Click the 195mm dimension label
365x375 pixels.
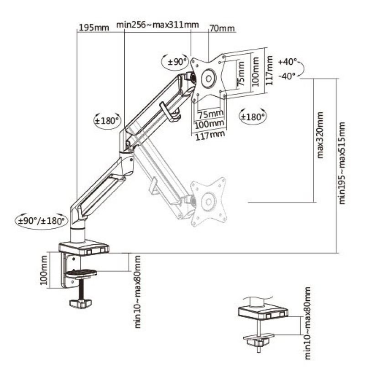(x=94, y=27)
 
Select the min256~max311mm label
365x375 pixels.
(x=157, y=25)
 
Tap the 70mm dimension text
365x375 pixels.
(x=222, y=28)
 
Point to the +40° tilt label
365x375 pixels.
(x=287, y=62)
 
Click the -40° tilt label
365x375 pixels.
(x=287, y=77)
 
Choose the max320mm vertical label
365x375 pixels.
(x=320, y=135)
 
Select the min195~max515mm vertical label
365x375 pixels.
(x=342, y=163)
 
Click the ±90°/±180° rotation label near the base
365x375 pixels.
(x=42, y=221)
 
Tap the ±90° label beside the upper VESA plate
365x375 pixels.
(x=177, y=62)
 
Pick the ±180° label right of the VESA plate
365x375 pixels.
(x=253, y=117)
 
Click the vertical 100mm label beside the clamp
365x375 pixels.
(x=44, y=270)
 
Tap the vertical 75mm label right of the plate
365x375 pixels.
(x=241, y=74)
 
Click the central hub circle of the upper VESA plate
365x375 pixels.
(x=209, y=78)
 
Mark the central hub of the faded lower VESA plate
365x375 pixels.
(x=208, y=202)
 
